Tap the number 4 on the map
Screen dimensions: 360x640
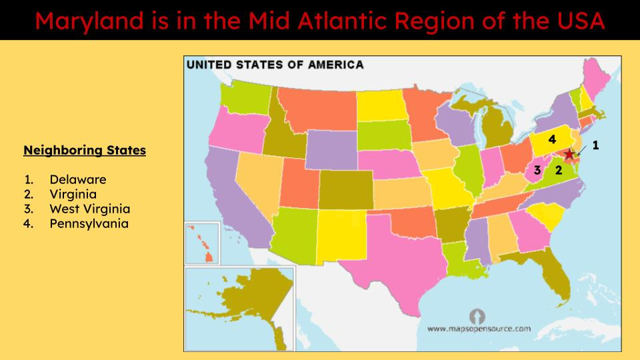552,139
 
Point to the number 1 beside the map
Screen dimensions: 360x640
595,144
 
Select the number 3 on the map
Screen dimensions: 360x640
537,170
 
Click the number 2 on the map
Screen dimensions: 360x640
559,170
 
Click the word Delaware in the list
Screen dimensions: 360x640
77,179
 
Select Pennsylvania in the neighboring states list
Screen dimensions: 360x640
89,223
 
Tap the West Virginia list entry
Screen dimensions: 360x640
89,209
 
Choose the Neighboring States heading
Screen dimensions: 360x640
85,150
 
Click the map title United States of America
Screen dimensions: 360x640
275,65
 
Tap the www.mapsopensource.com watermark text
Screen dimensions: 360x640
479,329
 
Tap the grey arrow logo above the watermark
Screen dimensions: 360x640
478,315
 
